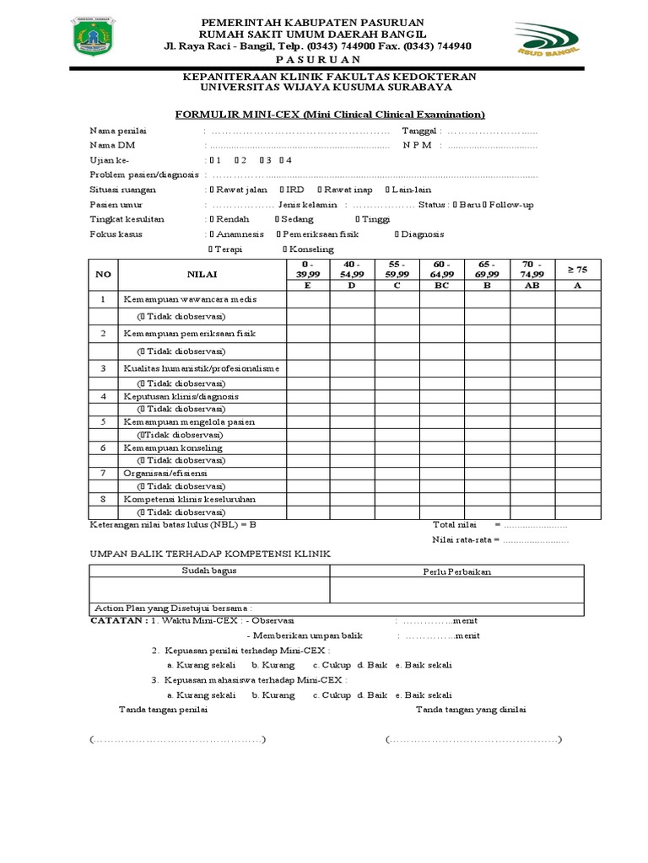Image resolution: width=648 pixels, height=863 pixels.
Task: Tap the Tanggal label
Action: (x=419, y=131)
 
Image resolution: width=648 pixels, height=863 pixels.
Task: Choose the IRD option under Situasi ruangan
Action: (x=293, y=190)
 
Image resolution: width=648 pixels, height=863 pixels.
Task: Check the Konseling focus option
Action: (x=310, y=249)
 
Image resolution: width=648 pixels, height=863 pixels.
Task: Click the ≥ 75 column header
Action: (x=576, y=269)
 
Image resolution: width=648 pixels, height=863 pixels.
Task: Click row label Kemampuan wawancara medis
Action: (x=189, y=299)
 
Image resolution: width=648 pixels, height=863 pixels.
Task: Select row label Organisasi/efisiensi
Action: (x=165, y=473)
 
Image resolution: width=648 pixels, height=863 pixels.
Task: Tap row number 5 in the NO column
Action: (x=103, y=421)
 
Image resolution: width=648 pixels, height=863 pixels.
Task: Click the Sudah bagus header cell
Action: (x=209, y=571)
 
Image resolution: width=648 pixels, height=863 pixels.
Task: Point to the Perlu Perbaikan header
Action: (x=456, y=571)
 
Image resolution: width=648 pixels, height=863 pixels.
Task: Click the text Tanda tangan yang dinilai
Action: (x=471, y=710)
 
